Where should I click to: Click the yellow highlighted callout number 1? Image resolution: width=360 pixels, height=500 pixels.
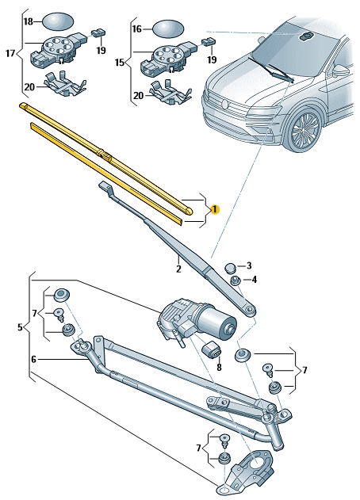pyautogui.click(x=215, y=209)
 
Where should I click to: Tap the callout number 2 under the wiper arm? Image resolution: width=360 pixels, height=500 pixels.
pyautogui.click(x=178, y=269)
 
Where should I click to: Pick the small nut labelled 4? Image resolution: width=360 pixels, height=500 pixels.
pyautogui.click(x=236, y=281)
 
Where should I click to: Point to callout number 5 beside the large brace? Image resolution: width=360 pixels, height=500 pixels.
pyautogui.click(x=20, y=327)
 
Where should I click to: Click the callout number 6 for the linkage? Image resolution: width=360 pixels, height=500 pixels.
pyautogui.click(x=34, y=360)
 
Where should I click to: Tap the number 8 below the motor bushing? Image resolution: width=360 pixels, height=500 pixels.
pyautogui.click(x=219, y=368)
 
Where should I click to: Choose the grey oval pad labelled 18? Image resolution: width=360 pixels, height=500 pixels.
pyautogui.click(x=57, y=21)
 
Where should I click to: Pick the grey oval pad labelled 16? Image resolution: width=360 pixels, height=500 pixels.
pyautogui.click(x=169, y=29)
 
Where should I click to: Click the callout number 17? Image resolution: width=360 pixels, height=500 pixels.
pyautogui.click(x=10, y=53)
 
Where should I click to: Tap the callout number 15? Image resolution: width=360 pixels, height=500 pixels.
pyautogui.click(x=120, y=63)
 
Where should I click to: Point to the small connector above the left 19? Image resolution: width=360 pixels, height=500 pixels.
pyautogui.click(x=99, y=32)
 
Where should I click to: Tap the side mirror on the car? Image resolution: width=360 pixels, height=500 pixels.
pyautogui.click(x=341, y=71)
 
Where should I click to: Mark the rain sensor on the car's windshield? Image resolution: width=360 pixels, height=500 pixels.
pyautogui.click(x=307, y=36)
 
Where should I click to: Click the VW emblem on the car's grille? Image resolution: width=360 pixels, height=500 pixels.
pyautogui.click(x=224, y=105)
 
